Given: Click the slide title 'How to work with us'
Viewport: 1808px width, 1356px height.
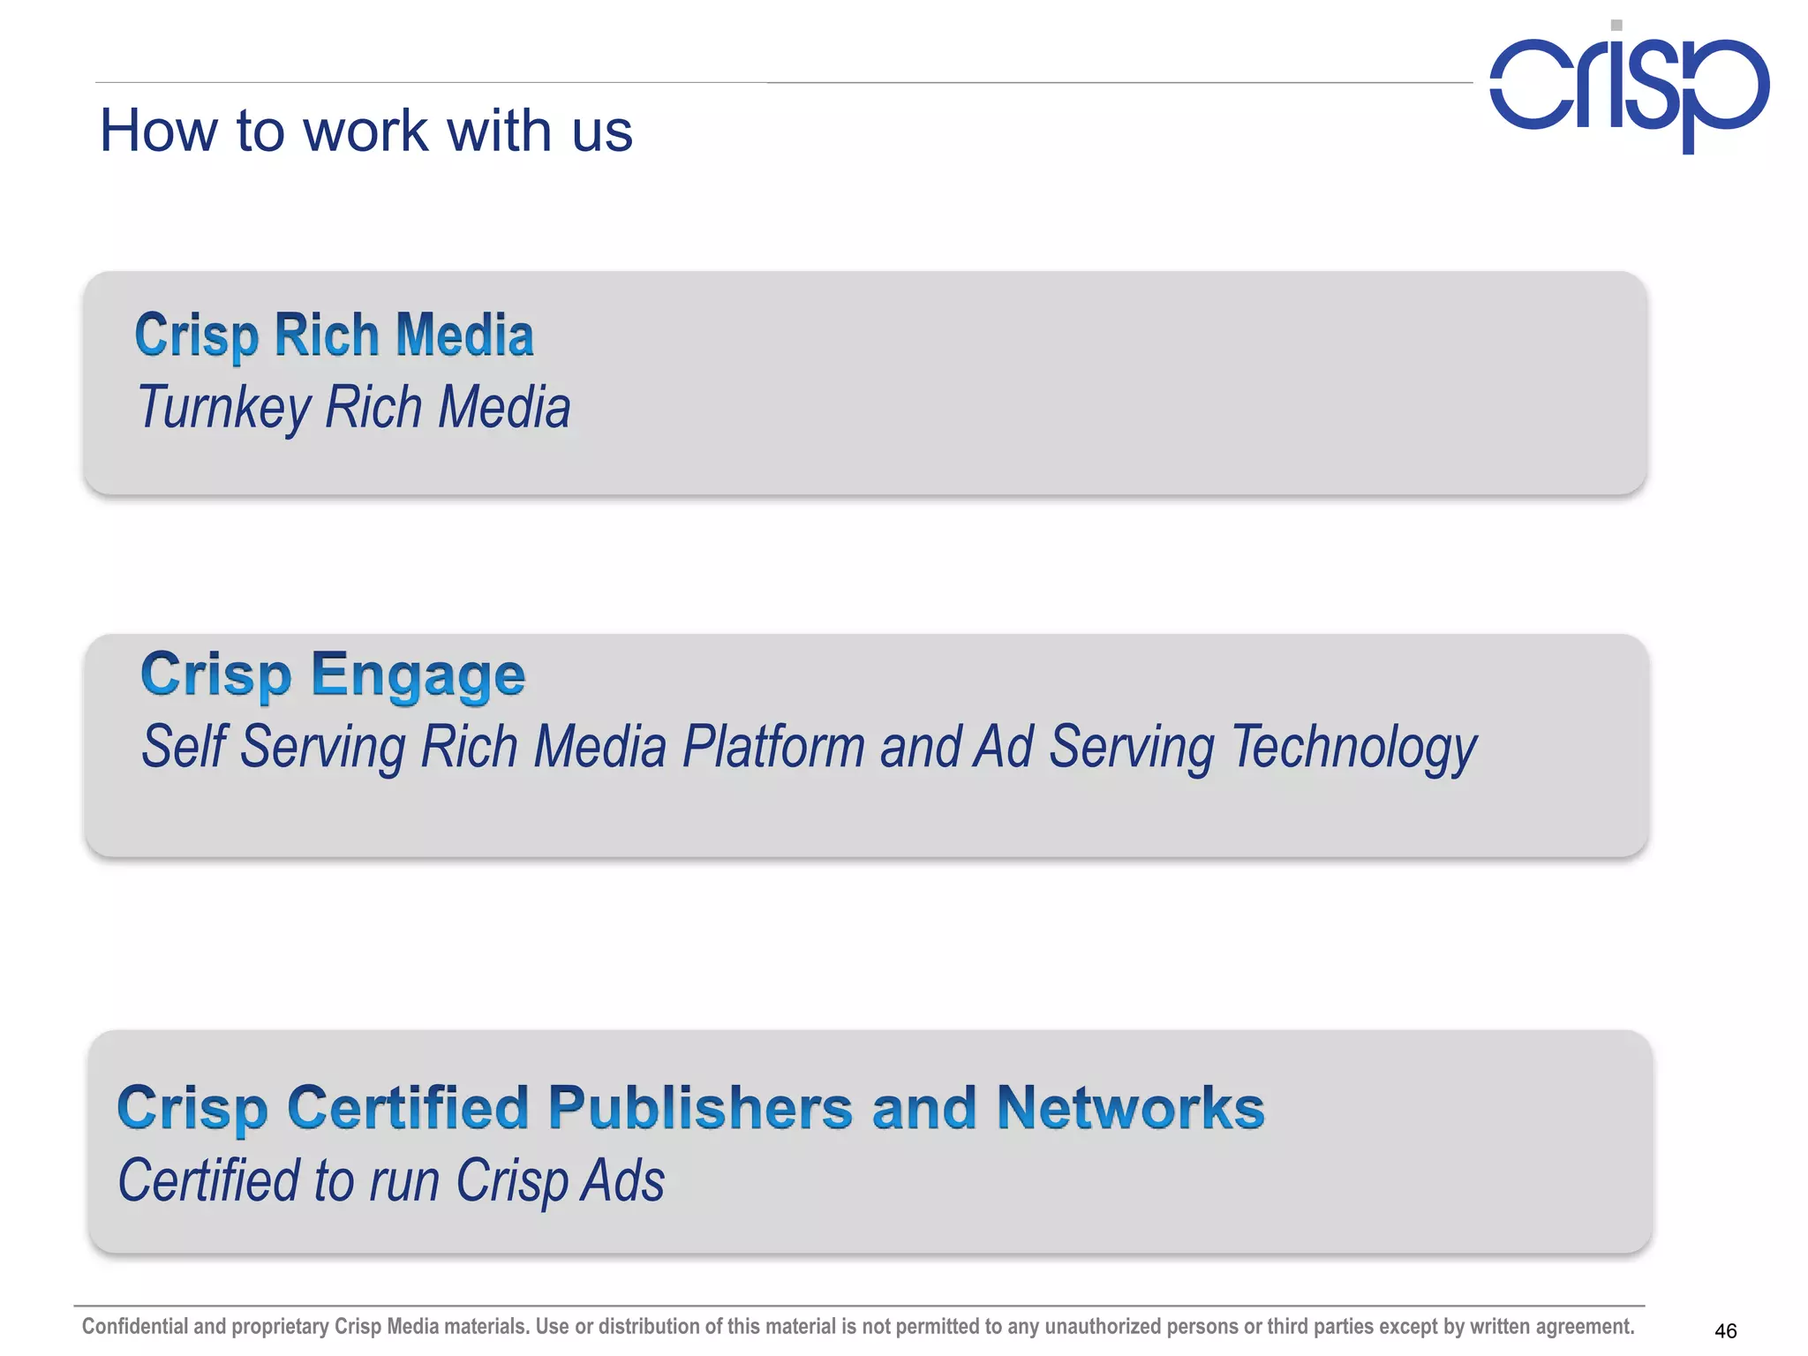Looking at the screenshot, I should coord(365,131).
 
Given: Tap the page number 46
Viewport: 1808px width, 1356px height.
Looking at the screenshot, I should coord(1725,1330).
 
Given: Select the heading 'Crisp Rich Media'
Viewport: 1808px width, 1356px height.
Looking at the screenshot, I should coord(334,335).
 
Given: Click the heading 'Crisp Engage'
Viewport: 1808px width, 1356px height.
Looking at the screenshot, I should coord(333,675).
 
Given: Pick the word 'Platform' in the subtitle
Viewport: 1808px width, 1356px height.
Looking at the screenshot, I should coord(773,747).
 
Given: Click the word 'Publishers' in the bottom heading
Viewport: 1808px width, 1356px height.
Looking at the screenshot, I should coord(700,1108).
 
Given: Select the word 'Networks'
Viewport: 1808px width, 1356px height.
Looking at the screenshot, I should coord(1130,1108).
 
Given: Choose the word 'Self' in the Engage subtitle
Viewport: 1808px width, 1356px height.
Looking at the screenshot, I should coord(184,747).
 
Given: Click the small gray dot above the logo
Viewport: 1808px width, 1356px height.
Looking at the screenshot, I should coord(1616,26).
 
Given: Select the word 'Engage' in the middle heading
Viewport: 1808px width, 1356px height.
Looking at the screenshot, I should coord(418,675).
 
